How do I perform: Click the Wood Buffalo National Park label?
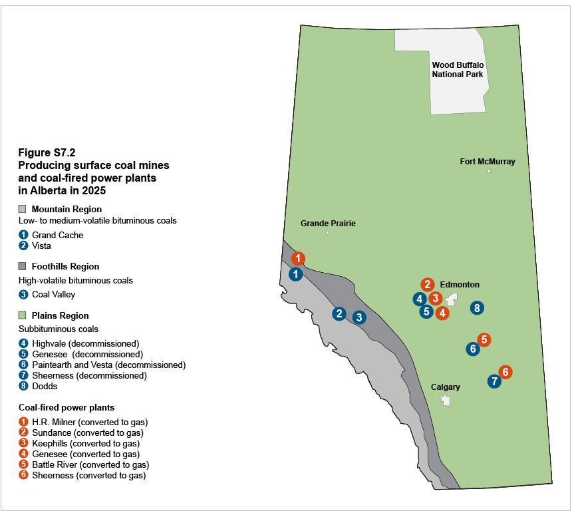tap(458, 69)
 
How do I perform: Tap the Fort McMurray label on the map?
tap(488, 161)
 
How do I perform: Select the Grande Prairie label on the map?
tap(328, 223)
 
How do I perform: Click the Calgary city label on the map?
tap(445, 387)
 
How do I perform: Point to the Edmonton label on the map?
tap(460, 284)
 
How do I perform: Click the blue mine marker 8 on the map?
tap(476, 307)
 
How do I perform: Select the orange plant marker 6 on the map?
tap(505, 372)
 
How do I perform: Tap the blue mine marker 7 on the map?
tap(494, 381)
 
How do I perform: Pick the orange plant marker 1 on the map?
tap(299, 258)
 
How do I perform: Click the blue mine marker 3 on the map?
tap(359, 317)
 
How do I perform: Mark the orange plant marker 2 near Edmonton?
tap(427, 284)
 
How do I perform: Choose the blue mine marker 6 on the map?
tap(473, 349)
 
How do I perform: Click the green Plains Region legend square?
tap(22, 315)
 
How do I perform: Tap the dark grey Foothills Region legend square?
tap(22, 266)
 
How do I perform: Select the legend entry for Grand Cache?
tap(57, 235)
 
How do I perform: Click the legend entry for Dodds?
tap(44, 386)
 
